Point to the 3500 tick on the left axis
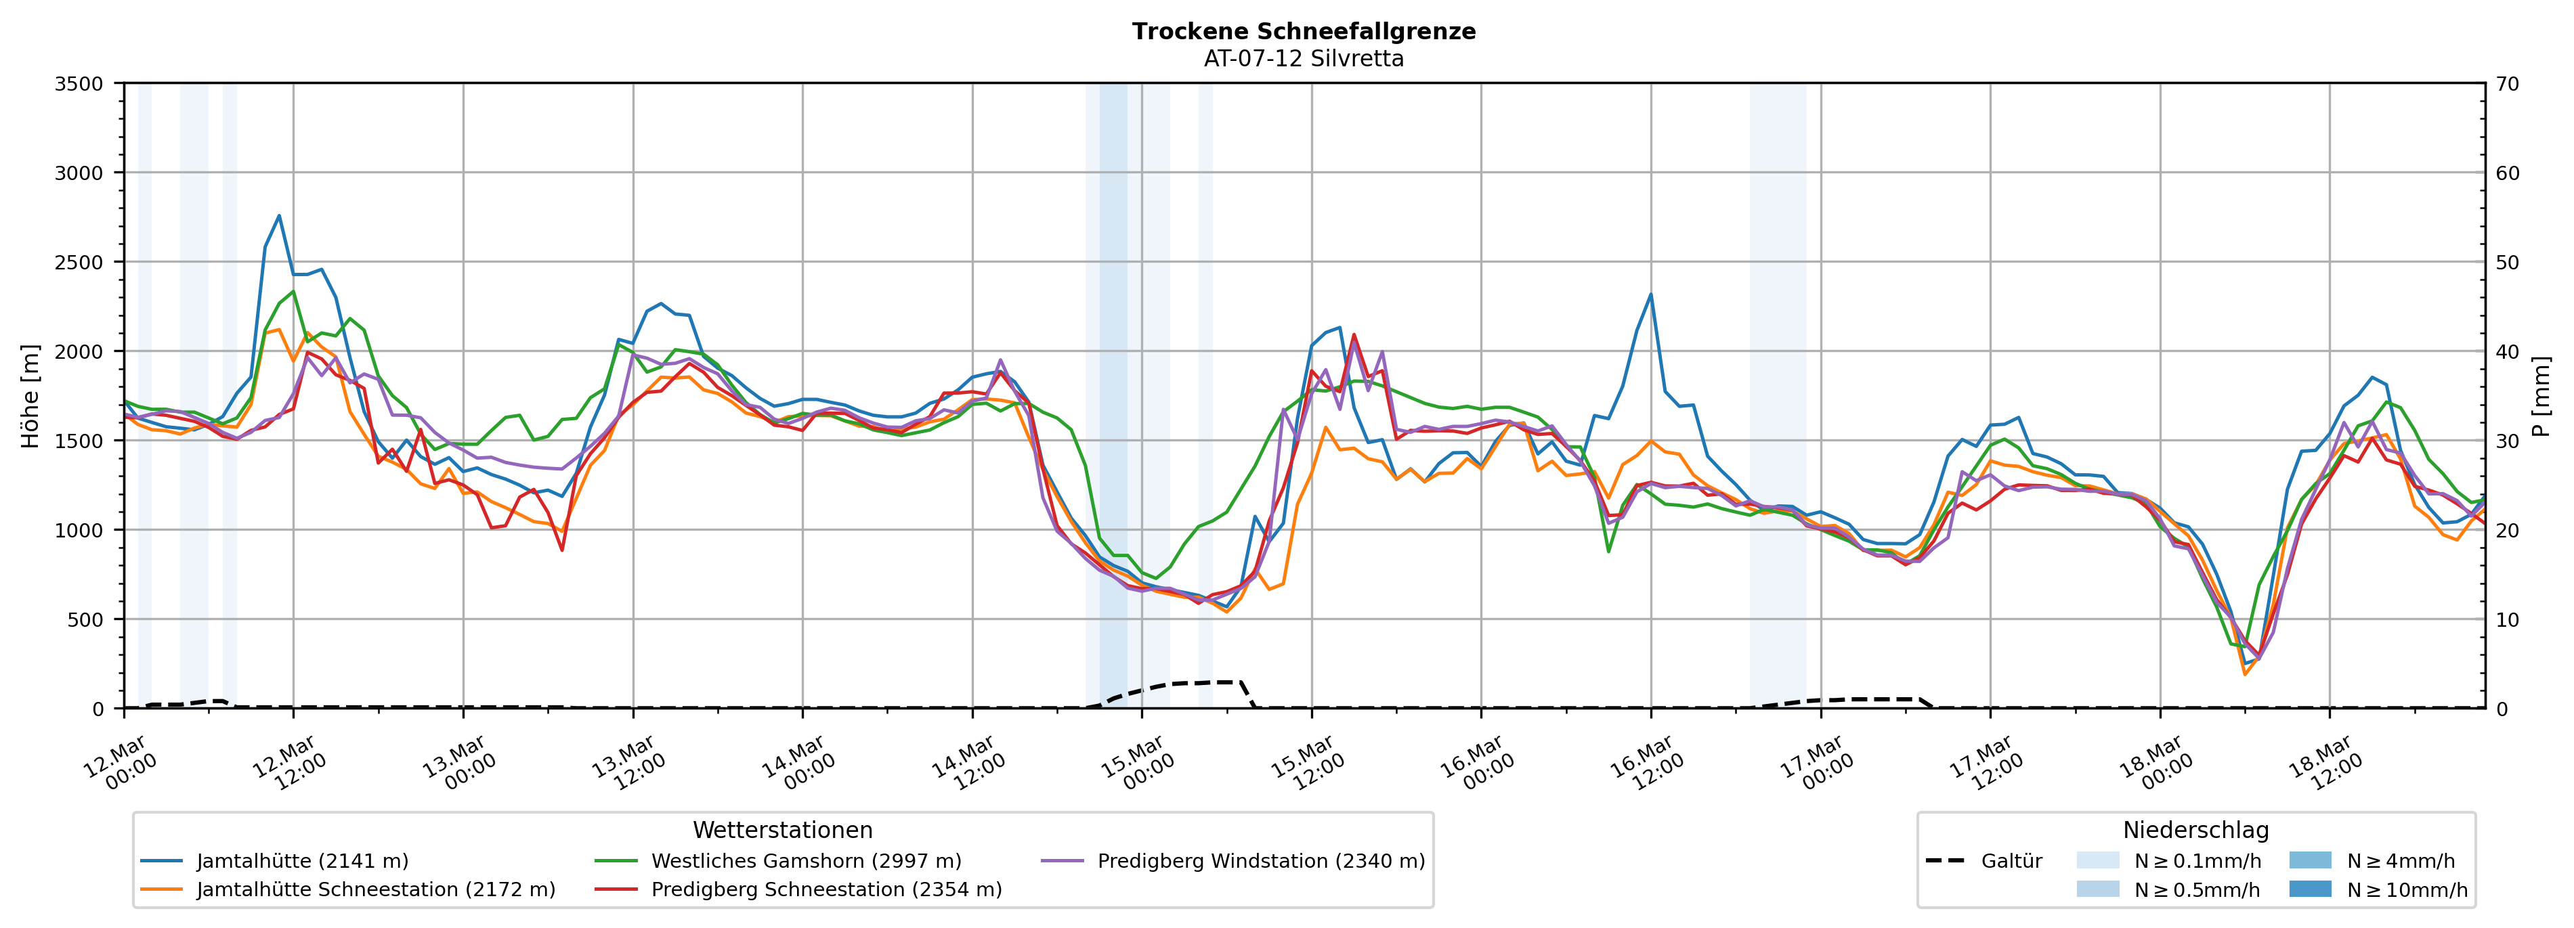[x=79, y=84]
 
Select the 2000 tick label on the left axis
[x=79, y=351]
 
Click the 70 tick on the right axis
[x=2507, y=84]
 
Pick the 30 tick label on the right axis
[x=2507, y=441]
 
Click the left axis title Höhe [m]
[x=30, y=397]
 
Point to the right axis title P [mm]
[x=2541, y=397]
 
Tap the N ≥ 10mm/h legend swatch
[x=2309, y=889]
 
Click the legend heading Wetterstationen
[x=782, y=830]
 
